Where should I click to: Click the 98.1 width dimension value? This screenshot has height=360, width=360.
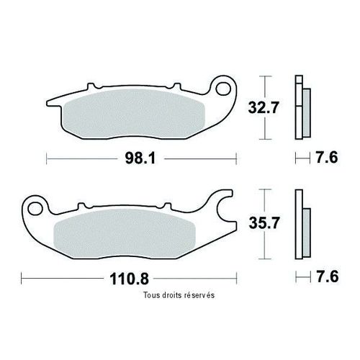pyautogui.click(x=140, y=158)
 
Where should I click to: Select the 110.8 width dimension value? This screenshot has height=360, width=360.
pyautogui.click(x=129, y=279)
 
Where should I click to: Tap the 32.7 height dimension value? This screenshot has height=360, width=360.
pyautogui.click(x=264, y=107)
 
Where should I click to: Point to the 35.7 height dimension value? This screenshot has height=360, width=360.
pyautogui.click(x=264, y=223)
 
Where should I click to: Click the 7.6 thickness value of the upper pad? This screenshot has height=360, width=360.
pyautogui.click(x=327, y=158)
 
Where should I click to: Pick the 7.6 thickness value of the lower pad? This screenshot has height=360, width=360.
pyautogui.click(x=328, y=277)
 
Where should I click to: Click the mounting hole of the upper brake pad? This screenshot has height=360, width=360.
pyautogui.click(x=223, y=89)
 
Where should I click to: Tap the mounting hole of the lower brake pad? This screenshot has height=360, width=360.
pyautogui.click(x=35, y=208)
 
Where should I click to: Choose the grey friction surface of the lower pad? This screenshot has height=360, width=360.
pyautogui.click(x=125, y=233)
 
